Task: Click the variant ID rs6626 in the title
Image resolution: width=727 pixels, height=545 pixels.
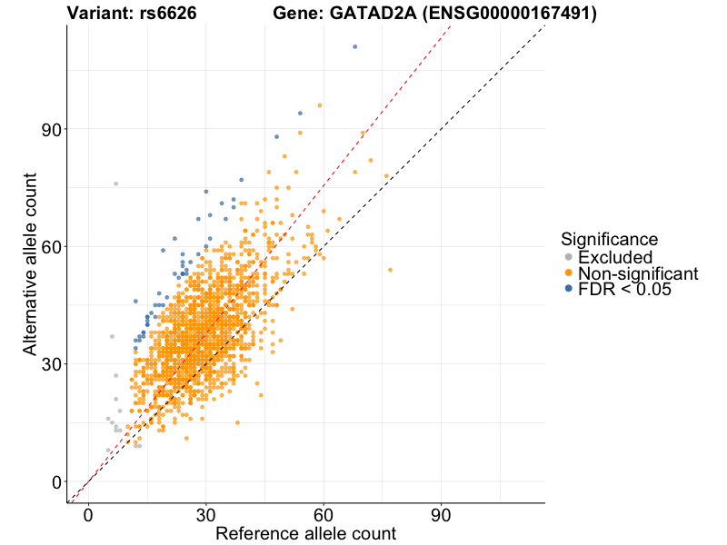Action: pyautogui.click(x=171, y=14)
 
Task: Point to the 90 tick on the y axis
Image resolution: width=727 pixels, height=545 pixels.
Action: pyautogui.click(x=53, y=129)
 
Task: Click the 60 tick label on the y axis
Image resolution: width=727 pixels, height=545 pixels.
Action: pyautogui.click(x=53, y=246)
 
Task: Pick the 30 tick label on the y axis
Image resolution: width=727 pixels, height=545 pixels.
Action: pyautogui.click(x=53, y=364)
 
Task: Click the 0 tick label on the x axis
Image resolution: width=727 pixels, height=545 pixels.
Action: pyautogui.click(x=88, y=516)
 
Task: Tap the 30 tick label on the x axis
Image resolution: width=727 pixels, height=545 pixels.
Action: pyautogui.click(x=206, y=516)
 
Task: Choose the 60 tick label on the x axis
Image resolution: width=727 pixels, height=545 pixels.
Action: pyautogui.click(x=324, y=516)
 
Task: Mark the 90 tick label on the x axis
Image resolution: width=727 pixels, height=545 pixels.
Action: pyautogui.click(x=442, y=516)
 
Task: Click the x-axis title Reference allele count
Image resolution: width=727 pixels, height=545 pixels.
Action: pyautogui.click(x=305, y=534)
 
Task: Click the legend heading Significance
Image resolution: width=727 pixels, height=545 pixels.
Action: pyautogui.click(x=610, y=240)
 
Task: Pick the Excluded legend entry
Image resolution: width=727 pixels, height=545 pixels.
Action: pyautogui.click(x=615, y=258)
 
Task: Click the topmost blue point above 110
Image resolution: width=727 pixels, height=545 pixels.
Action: pyautogui.click(x=355, y=46)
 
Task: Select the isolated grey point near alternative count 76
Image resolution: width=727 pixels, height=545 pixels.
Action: pyautogui.click(x=115, y=183)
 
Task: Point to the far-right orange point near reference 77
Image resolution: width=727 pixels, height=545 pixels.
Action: pyautogui.click(x=390, y=270)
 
